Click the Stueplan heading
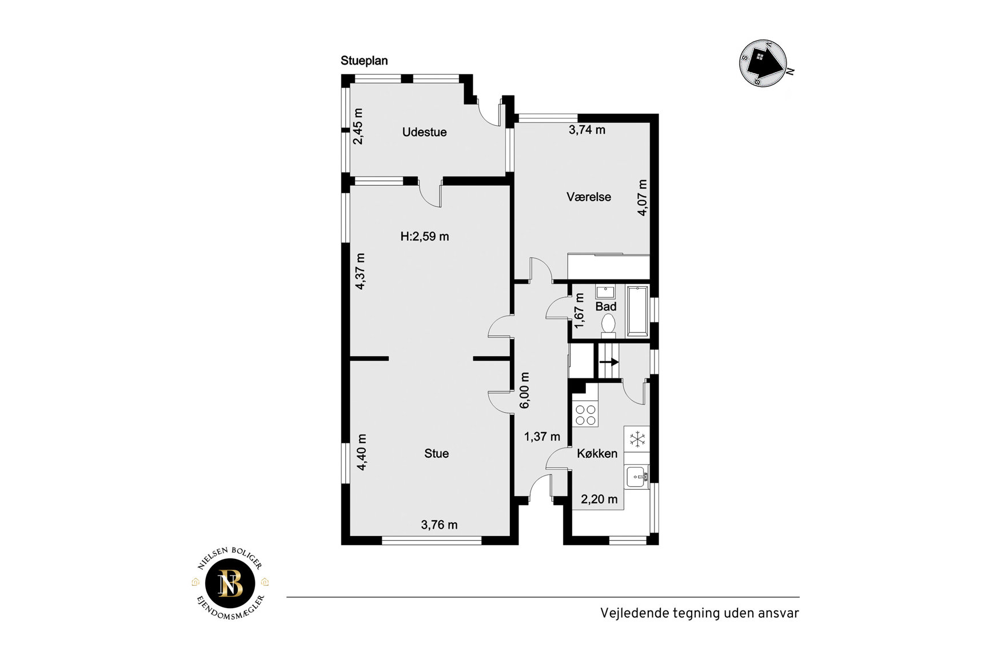click(364, 61)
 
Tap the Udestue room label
click(424, 132)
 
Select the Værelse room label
click(589, 197)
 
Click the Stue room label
click(436, 454)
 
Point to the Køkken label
click(597, 454)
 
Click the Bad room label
click(606, 307)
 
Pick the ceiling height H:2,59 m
click(425, 237)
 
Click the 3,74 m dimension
click(587, 130)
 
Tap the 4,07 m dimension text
click(643, 198)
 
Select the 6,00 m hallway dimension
click(525, 391)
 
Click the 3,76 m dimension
click(439, 525)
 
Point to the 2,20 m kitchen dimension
click(599, 500)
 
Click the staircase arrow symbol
click(609, 362)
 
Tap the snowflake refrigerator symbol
click(637, 439)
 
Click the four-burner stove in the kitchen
click(585, 414)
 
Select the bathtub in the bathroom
click(637, 311)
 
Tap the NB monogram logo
click(230, 584)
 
